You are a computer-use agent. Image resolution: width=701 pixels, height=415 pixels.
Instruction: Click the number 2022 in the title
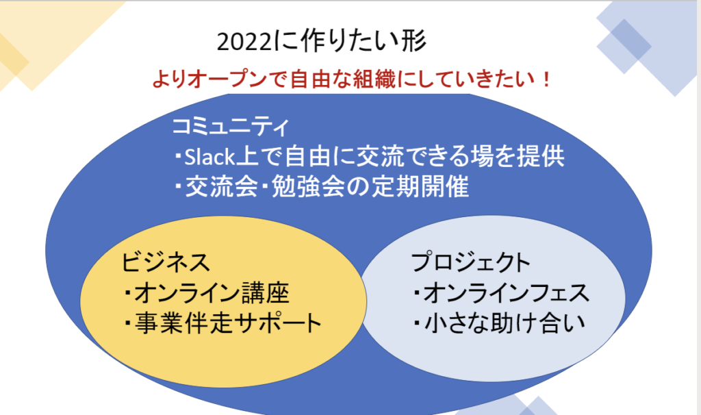[244, 42]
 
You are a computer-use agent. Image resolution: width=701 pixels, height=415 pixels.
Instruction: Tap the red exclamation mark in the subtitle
[546, 79]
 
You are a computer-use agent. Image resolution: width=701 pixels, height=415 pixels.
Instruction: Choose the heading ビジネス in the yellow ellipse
[166, 262]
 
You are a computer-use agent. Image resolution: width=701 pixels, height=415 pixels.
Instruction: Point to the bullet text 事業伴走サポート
[228, 323]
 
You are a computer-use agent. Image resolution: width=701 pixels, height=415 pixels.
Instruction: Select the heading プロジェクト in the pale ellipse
[470, 262]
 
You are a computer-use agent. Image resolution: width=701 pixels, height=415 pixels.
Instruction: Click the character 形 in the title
[414, 41]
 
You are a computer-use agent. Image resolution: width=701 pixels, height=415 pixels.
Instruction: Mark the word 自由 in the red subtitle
[310, 79]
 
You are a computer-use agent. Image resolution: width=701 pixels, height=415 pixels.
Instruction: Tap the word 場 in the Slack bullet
[481, 157]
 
